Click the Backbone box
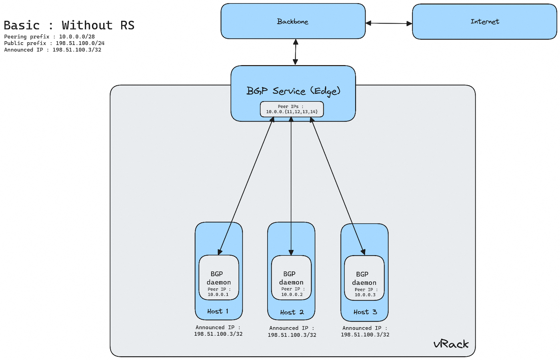tap(293, 22)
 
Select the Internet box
tap(484, 22)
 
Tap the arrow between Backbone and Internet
tap(389, 23)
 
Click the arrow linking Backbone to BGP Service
tap(296, 52)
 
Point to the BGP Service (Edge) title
tap(293, 91)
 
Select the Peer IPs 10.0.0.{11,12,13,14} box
tap(292, 109)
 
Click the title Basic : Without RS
tap(69, 25)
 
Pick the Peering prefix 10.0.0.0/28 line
tap(50, 36)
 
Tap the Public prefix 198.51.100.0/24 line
tap(54, 43)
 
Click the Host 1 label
tap(218, 311)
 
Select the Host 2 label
tap(292, 312)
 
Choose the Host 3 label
tap(365, 312)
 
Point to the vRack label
tap(451, 344)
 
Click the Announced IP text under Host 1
tap(218, 331)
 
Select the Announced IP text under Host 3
tap(365, 331)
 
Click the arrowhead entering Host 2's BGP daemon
tap(291, 252)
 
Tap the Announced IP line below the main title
tap(53, 50)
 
